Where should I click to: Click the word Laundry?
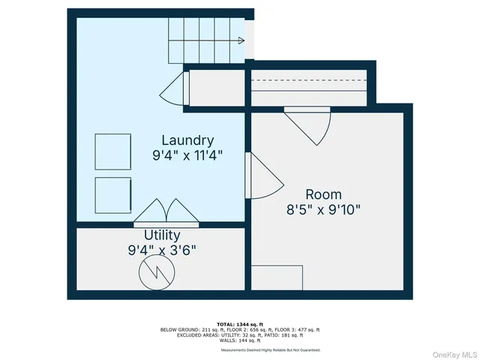point(188,140)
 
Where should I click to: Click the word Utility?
point(162,235)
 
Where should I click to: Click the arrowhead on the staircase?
point(240,40)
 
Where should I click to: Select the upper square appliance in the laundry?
point(112,152)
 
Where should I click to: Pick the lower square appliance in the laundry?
point(112,196)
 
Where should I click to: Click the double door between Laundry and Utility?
point(166,213)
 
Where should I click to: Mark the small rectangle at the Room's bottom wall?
point(277,277)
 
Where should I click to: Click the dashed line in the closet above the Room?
point(308,82)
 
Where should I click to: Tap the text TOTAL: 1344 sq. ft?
point(240,323)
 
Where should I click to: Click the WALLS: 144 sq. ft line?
point(240,340)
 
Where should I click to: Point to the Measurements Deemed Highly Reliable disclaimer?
point(270,350)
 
